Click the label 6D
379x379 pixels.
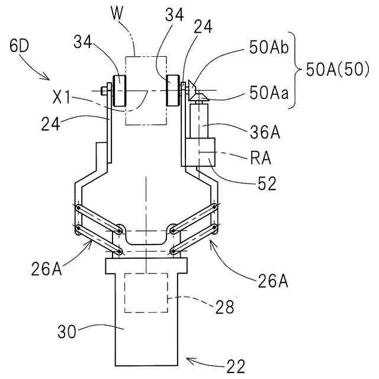(x=19, y=46)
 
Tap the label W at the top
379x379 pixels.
(x=117, y=13)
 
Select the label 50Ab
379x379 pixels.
(x=269, y=47)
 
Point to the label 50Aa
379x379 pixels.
(x=269, y=93)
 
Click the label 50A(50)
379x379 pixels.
(x=338, y=70)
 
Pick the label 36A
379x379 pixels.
(x=265, y=132)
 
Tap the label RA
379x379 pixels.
(x=261, y=158)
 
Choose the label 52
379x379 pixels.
(x=267, y=184)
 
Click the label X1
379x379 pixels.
(x=62, y=98)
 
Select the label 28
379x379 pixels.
(x=225, y=307)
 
